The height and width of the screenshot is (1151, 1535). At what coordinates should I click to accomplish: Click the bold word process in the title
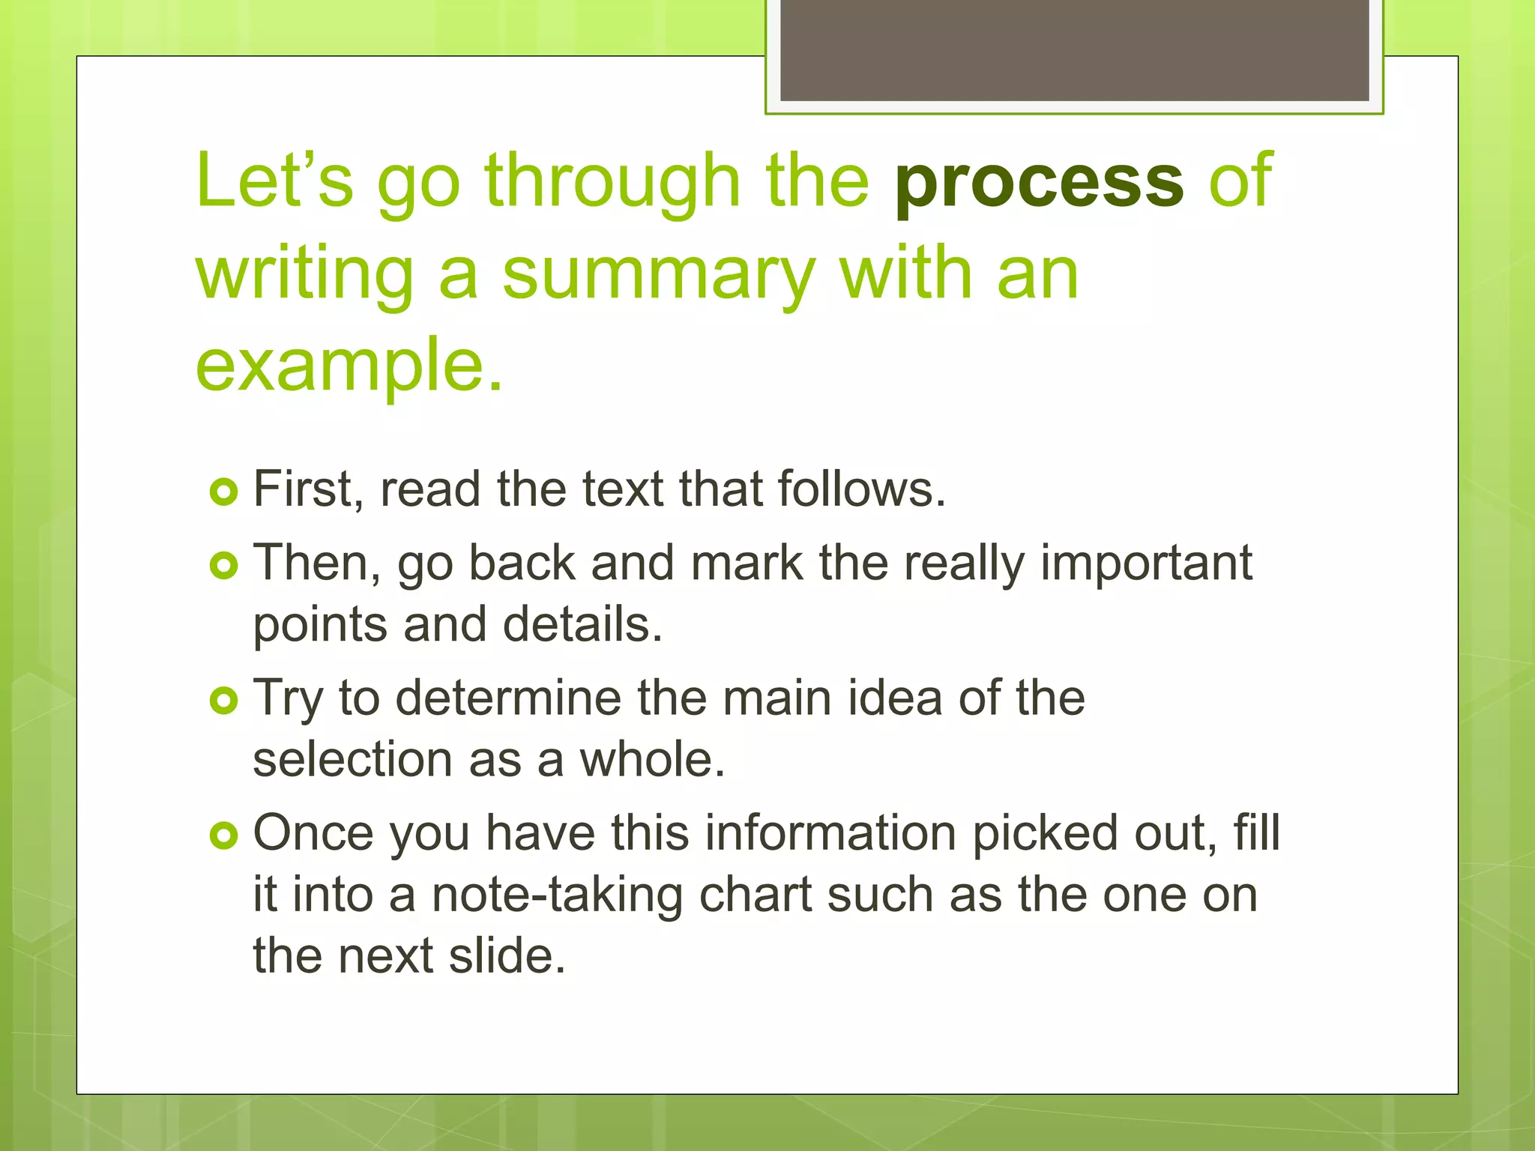coord(1039,182)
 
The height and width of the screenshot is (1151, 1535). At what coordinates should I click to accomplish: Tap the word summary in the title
coord(658,274)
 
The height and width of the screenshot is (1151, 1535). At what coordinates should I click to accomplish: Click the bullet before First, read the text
coord(223,492)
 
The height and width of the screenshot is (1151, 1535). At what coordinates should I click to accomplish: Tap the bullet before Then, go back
coord(223,566)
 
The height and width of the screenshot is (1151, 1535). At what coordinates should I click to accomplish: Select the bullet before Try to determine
coord(223,701)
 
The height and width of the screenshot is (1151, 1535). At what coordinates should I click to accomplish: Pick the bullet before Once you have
coord(223,836)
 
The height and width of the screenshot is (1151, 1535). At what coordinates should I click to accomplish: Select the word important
coord(1146,564)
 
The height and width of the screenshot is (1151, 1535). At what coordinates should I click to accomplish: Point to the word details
coord(582,625)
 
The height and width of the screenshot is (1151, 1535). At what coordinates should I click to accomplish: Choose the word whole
coord(652,760)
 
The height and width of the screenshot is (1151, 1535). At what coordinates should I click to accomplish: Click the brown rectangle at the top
coord(1074,49)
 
